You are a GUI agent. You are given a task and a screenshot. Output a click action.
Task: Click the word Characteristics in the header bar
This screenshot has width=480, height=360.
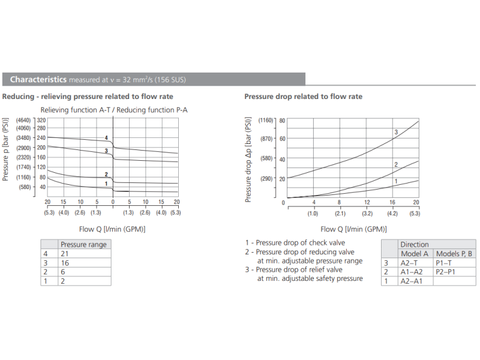pos(38,79)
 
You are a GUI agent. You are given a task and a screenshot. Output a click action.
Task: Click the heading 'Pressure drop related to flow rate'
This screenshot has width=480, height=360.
pos(303,97)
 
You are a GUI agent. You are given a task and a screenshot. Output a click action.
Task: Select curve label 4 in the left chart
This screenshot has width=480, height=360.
pos(106,138)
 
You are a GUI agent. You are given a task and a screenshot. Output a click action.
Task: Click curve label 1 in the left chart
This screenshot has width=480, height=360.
pos(106,184)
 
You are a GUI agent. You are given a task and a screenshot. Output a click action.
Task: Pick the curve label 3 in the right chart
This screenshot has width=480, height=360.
pos(396,132)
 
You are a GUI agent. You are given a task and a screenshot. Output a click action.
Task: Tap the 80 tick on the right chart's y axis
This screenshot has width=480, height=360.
pos(281,120)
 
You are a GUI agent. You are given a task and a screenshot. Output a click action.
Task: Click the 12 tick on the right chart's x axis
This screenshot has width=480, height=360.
pos(367,203)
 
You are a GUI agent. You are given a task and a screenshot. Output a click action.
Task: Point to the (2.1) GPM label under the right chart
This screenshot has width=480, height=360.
pos(340,214)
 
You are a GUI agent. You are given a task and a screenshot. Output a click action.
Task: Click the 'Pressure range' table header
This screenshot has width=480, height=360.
pos(83,245)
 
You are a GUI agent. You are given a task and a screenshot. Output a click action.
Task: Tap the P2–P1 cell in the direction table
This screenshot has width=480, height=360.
pos(446,272)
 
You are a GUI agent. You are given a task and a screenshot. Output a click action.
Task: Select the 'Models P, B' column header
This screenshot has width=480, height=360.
pos(454,254)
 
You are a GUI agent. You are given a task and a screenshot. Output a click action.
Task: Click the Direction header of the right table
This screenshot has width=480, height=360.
pos(415,245)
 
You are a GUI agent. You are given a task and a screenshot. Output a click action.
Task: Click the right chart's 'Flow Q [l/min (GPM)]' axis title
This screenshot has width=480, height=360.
pos(353,229)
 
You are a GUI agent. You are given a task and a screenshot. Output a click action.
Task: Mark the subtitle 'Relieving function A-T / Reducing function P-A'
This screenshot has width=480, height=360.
pos(114,110)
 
